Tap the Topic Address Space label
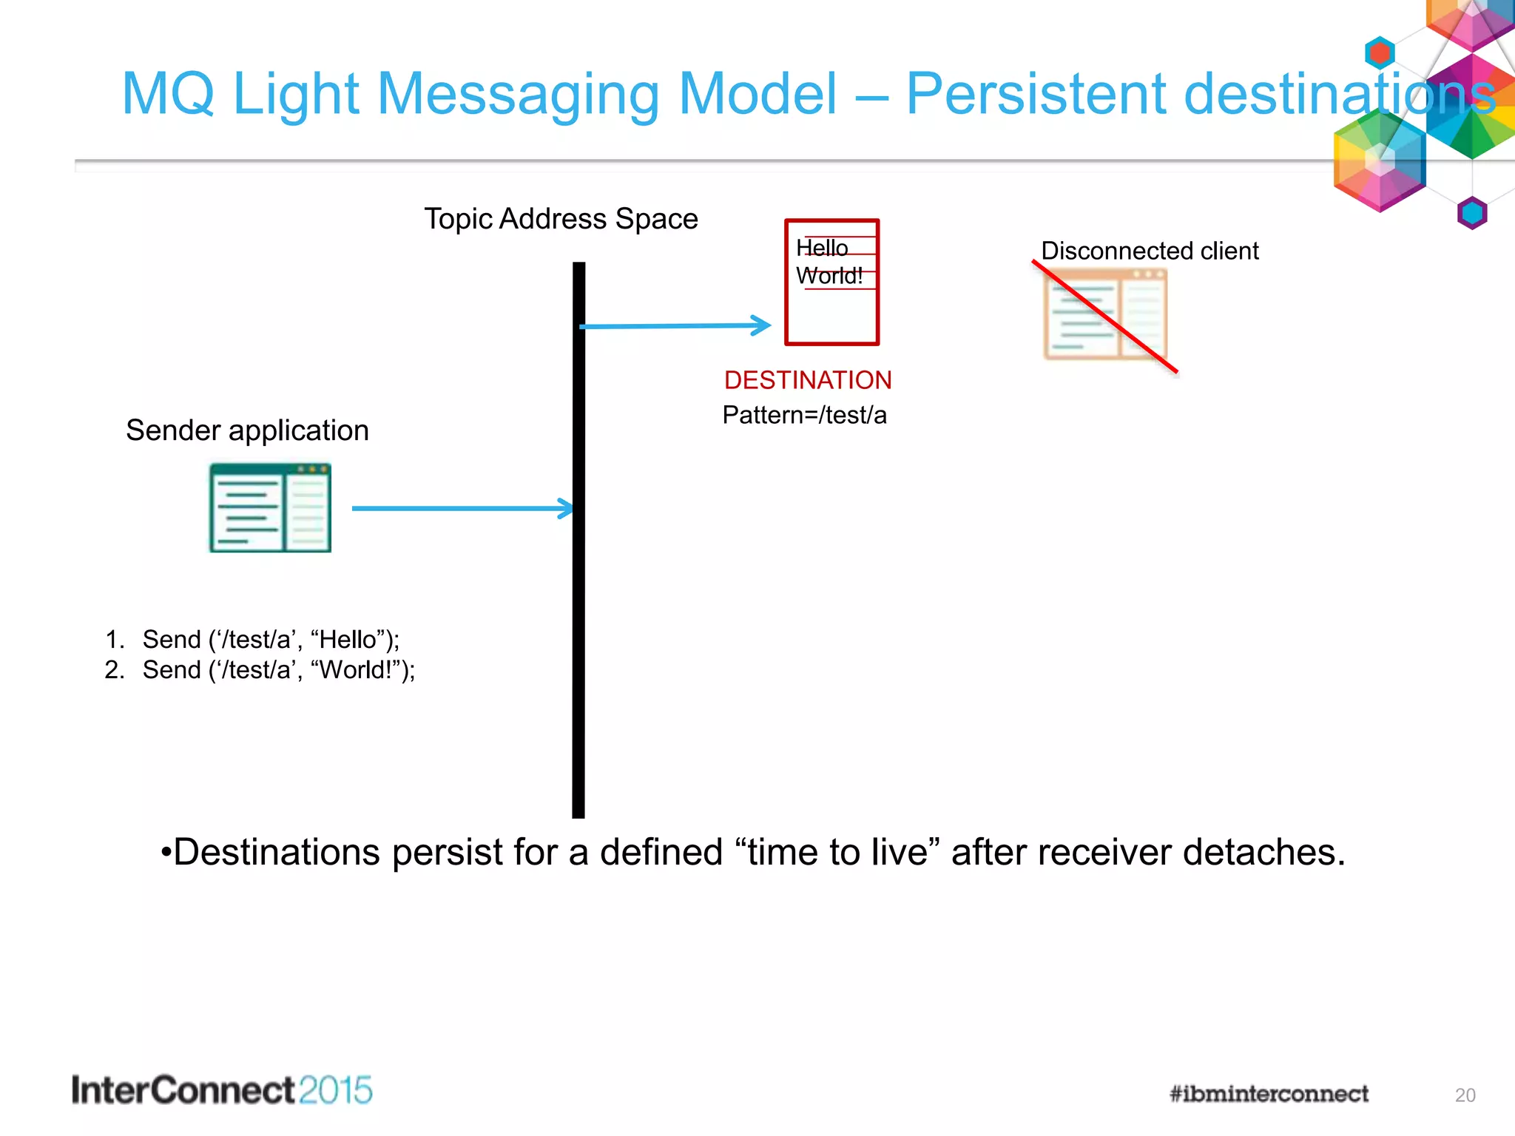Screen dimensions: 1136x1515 561,219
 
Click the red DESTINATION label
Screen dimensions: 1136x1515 807,380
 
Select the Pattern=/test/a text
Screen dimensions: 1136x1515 804,415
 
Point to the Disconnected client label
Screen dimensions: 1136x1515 1149,251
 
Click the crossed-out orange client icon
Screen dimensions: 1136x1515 1104,315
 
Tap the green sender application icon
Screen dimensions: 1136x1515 270,508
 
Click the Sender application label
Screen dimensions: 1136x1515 247,430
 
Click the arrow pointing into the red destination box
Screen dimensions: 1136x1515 675,325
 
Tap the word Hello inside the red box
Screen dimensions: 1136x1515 822,248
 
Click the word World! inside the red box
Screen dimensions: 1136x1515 829,276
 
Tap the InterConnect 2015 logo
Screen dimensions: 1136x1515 222,1090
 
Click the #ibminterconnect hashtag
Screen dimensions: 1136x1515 1269,1094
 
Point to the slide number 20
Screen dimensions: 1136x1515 1465,1095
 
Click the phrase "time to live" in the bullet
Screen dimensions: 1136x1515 837,852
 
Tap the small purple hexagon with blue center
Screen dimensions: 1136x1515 1472,213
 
